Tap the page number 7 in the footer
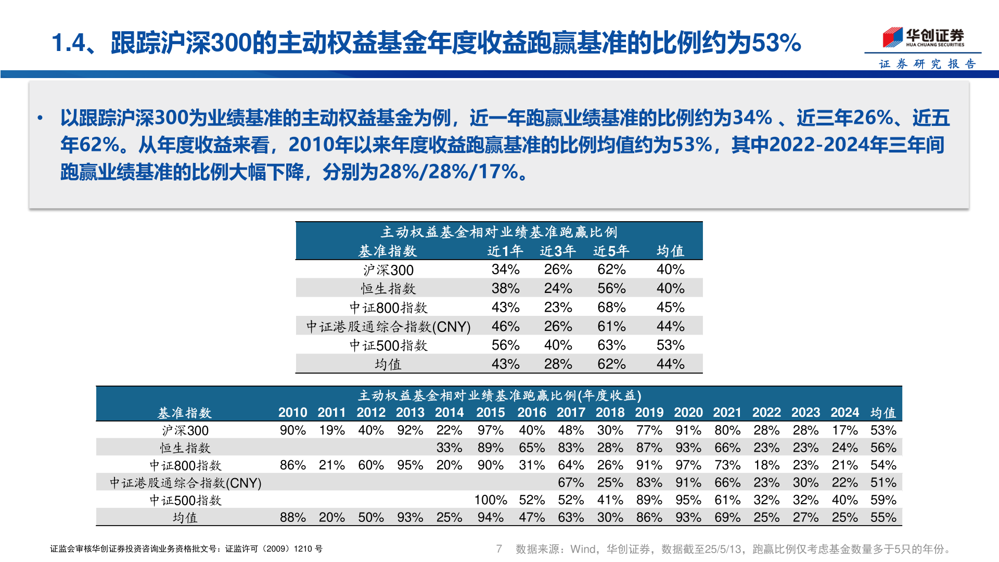[x=499, y=548]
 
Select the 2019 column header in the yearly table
[x=649, y=413]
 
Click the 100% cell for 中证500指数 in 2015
[x=490, y=500]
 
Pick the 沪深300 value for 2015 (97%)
[x=490, y=430]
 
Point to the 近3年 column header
[x=558, y=251]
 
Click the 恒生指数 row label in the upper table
[x=388, y=288]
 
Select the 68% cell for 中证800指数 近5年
[x=611, y=307]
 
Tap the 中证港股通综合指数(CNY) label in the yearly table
[x=185, y=483]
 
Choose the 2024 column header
[x=844, y=413]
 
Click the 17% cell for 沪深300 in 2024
[x=844, y=430]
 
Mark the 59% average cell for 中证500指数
[x=883, y=500]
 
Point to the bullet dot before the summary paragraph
[x=40, y=118]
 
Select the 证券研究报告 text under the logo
[x=927, y=64]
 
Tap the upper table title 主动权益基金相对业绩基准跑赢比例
[x=499, y=232]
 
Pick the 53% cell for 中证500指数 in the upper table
[x=670, y=345]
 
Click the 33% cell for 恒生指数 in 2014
[x=449, y=448]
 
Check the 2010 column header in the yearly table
[x=292, y=413]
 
